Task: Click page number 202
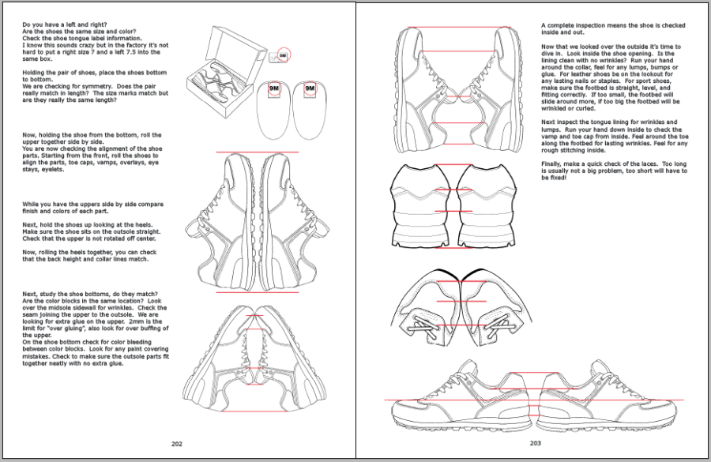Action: coord(177,443)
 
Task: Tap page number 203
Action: coord(535,443)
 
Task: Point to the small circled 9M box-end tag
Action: coord(283,55)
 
